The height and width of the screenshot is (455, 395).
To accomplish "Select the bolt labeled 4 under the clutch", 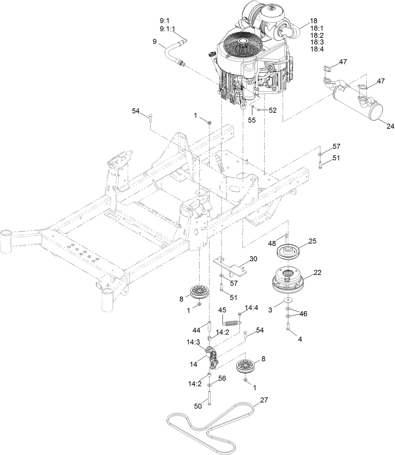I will click(288, 327).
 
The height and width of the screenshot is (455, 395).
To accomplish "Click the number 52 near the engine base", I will click(272, 110).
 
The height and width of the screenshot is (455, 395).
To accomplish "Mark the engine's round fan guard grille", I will click(242, 46).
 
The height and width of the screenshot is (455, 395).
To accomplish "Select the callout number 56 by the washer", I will click(222, 378).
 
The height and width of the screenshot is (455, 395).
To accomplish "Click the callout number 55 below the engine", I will click(252, 120).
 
